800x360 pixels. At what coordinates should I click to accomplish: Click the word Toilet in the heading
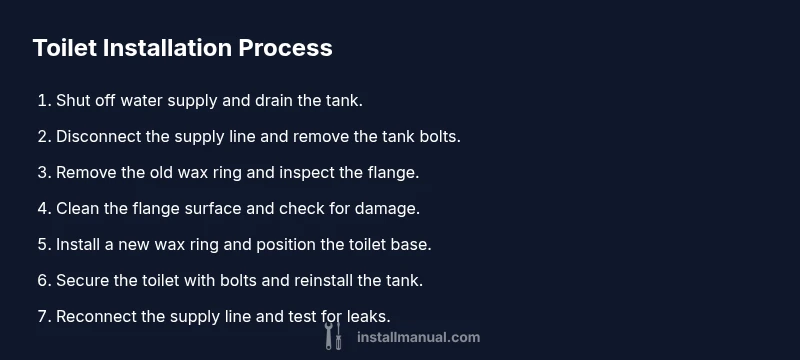coord(65,48)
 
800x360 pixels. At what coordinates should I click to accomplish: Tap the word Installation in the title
coord(167,48)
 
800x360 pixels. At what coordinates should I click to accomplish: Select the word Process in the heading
coord(285,48)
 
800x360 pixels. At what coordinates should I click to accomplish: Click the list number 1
coord(44,100)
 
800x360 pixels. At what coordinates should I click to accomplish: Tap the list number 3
coord(44,172)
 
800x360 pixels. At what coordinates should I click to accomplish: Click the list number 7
coord(44,316)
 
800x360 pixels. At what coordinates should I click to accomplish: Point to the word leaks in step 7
coord(368,316)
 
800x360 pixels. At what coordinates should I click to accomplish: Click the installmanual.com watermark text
coord(418,338)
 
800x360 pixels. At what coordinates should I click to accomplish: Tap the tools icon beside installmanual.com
coord(333,336)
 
